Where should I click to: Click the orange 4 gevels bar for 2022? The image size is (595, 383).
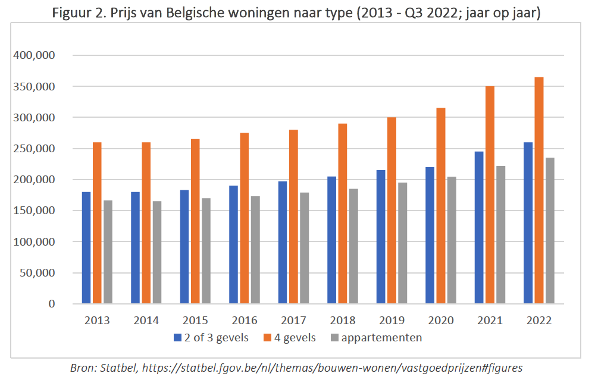pos(538,190)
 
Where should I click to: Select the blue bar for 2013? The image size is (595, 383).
pos(86,247)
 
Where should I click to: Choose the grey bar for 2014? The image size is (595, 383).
pos(156,252)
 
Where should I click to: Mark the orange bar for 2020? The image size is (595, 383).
pos(440,206)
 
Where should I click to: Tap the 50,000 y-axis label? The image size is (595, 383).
pos(41,273)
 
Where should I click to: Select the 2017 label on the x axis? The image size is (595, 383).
pos(293,321)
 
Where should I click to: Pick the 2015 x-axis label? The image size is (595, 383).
pos(195,321)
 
